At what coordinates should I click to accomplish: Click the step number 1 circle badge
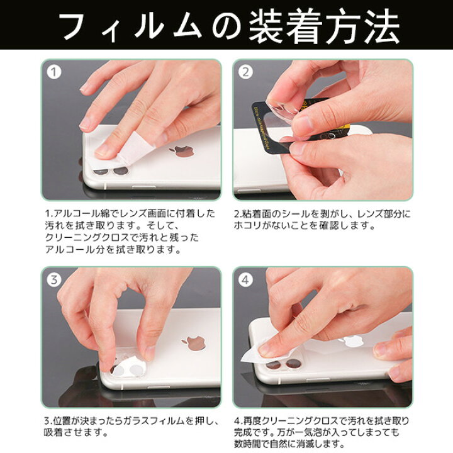point(56,73)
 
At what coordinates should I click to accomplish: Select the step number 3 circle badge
point(56,281)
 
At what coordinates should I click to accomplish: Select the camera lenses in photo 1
point(108,171)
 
